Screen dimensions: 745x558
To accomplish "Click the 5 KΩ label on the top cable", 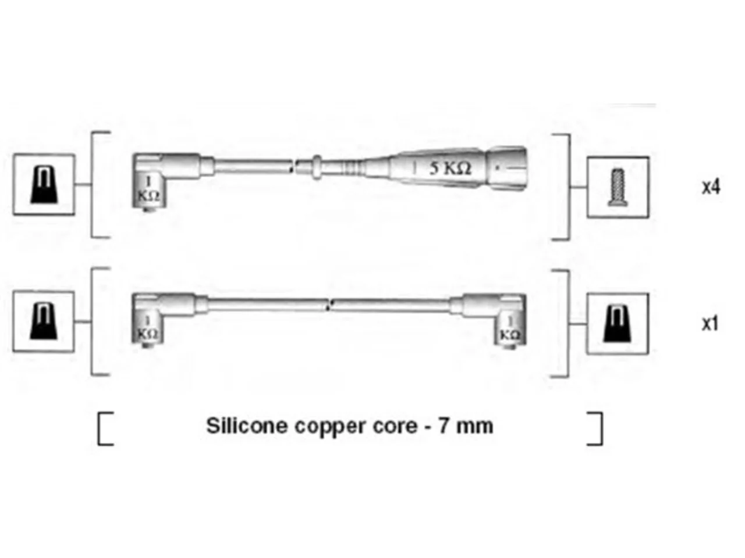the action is click(x=450, y=168).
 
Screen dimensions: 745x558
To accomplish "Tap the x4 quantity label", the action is click(x=711, y=187).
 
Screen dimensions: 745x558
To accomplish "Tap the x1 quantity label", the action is click(x=709, y=324).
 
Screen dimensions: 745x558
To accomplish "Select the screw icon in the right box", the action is click(x=617, y=187).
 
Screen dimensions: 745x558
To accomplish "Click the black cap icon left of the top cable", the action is click(x=44, y=185).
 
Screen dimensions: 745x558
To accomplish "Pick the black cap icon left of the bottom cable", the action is click(x=44, y=321).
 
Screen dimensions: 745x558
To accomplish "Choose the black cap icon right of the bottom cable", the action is click(x=617, y=324).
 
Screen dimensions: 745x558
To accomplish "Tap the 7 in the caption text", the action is click(x=444, y=426).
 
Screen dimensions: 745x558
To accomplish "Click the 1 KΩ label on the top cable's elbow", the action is click(x=148, y=189).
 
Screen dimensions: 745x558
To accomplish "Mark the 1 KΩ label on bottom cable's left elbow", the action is click(x=148, y=327).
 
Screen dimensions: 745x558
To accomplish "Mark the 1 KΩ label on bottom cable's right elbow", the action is click(x=510, y=328).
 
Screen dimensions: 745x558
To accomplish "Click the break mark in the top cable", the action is click(x=293, y=167).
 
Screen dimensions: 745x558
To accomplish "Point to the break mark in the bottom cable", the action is click(x=329, y=305).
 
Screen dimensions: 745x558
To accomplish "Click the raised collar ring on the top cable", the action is click(x=316, y=167).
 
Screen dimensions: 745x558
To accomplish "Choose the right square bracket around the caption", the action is click(x=598, y=428).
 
